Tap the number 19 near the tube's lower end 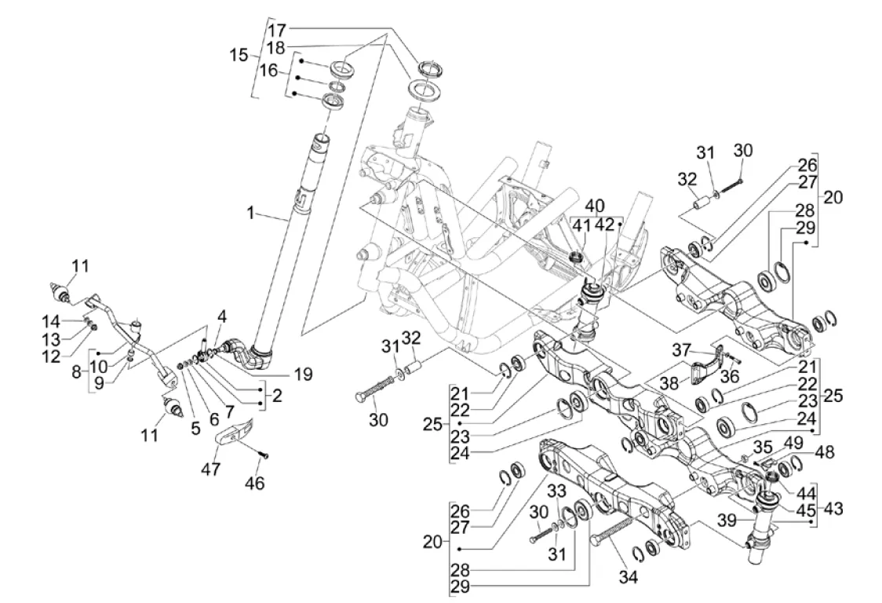tap(301, 375)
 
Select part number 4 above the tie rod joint tap(222, 317)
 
